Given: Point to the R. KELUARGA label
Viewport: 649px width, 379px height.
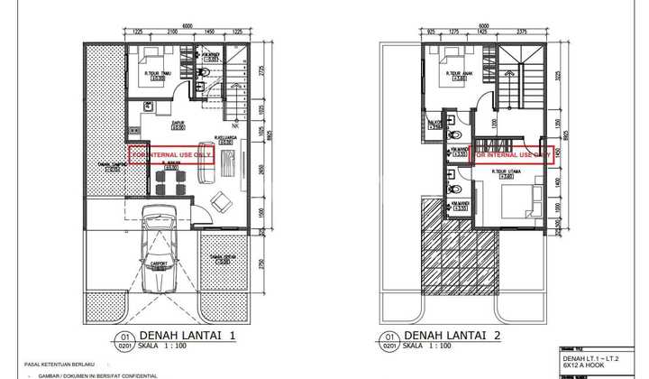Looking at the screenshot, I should (x=225, y=138).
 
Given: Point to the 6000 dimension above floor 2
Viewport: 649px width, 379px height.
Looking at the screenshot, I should (x=483, y=25).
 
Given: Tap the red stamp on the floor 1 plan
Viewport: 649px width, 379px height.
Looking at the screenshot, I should (x=170, y=154).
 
